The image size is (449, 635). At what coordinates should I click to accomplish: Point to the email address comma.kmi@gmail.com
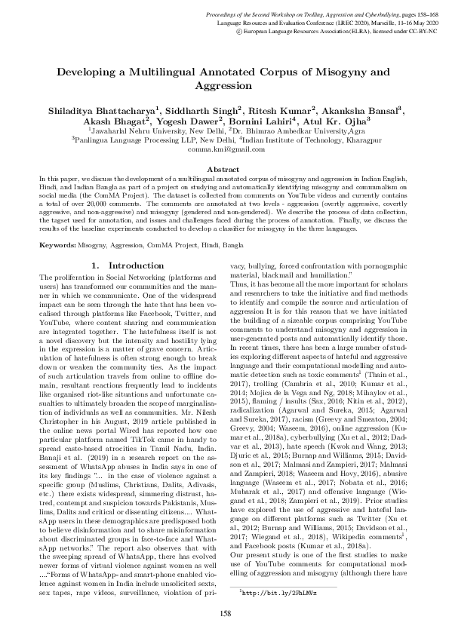pos(224,150)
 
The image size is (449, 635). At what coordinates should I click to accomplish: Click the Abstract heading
pos(224,170)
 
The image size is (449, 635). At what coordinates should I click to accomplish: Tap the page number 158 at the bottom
pos(224,615)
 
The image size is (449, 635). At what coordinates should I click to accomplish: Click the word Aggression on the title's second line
pos(224,87)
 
